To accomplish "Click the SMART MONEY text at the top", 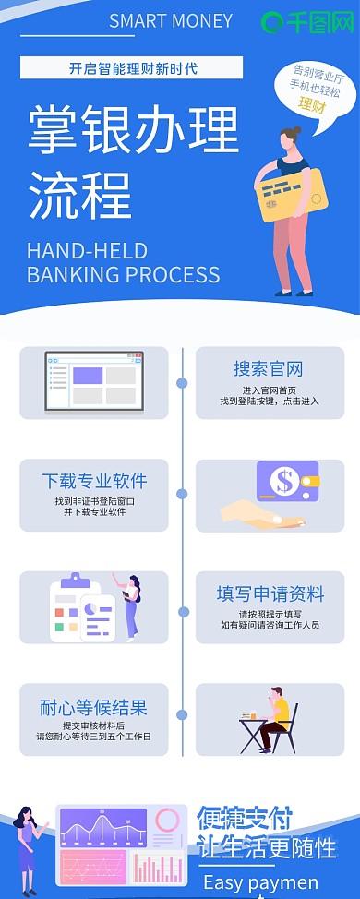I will point(171,21).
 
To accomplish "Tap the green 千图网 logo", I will point(307,22).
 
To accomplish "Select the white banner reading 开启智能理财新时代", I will point(132,67).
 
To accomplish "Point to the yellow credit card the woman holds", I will point(291,194).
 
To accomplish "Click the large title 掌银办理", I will point(133,130).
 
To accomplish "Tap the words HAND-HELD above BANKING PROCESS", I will point(87,251).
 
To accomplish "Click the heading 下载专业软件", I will point(94,481).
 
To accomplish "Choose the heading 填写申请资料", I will point(270,593).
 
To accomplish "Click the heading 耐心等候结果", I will point(93,708).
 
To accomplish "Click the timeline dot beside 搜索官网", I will point(182,382).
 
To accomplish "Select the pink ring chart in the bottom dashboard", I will point(167,820).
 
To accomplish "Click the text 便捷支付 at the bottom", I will point(245,818).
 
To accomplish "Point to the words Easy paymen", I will point(260,882).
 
